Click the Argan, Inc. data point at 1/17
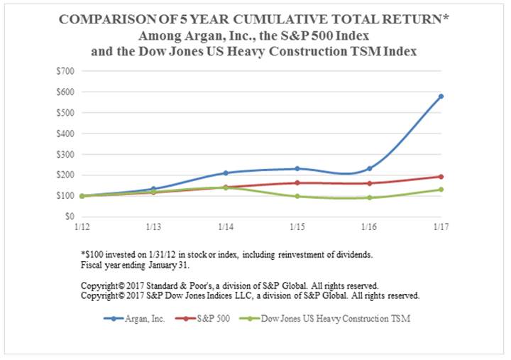coord(441,96)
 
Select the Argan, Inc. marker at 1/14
coord(226,173)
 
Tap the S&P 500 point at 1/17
coord(441,177)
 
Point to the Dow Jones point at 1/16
coord(369,197)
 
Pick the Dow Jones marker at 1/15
coord(297,196)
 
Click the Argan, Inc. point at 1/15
coord(297,168)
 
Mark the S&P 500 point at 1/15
coord(297,182)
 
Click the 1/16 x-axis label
coord(369,227)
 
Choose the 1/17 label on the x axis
coord(441,227)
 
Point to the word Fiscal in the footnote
coord(93,264)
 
